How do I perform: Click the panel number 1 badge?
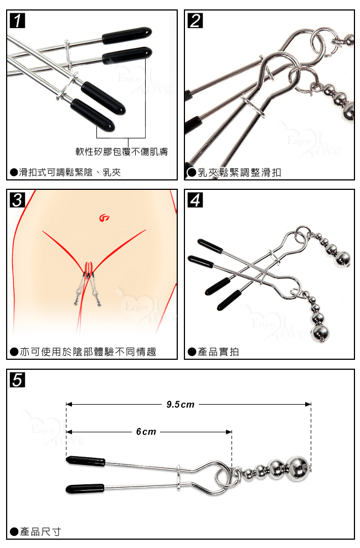(18, 20)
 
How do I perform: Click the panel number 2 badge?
(195, 20)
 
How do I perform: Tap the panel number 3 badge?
(18, 200)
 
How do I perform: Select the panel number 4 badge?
(195, 200)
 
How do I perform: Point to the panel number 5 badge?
(18, 380)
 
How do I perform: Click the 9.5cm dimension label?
(180, 405)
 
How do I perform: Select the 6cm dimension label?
(146, 432)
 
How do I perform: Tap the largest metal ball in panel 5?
(298, 467)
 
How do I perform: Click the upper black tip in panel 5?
(86, 461)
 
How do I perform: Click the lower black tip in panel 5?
(85, 489)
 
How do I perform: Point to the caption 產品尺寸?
(35, 531)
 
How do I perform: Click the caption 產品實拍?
(213, 351)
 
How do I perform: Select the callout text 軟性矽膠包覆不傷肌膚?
(122, 151)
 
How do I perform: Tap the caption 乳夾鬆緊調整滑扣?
(234, 172)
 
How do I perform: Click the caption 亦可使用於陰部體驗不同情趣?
(83, 351)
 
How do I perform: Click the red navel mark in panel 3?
(105, 219)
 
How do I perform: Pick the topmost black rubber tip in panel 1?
(127, 35)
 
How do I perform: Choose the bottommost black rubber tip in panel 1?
(92, 115)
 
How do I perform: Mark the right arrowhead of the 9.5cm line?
(308, 405)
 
